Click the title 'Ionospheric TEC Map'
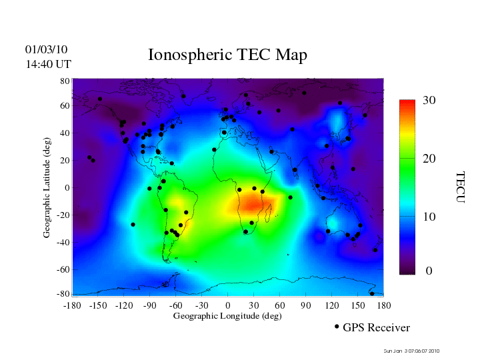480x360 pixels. tap(227, 55)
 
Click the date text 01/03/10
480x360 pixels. tap(46, 50)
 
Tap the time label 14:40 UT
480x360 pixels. tap(48, 64)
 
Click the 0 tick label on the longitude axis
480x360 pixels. tap(228, 305)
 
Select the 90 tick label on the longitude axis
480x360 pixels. tap(306, 305)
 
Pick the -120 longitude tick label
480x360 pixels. tap(123, 305)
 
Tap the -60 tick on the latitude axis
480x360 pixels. tap(63, 269)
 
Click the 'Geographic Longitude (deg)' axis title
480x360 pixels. tap(227, 316)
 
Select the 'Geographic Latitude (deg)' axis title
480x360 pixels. tap(47, 192)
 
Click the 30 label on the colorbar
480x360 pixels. tap(429, 101)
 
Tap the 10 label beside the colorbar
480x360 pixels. tap(429, 217)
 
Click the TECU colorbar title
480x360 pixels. tap(461, 187)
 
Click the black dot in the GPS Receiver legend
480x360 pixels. tap(337, 327)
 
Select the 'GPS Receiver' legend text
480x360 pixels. tap(376, 328)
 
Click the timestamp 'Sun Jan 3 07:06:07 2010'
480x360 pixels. tap(411, 351)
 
